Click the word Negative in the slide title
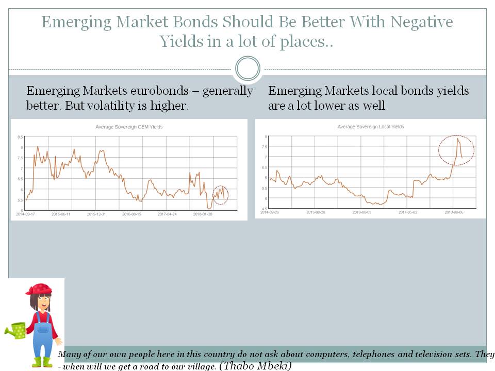(x=421, y=22)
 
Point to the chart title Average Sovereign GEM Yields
(x=129, y=127)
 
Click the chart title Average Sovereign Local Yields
(x=370, y=127)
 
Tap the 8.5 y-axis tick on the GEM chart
(x=20, y=137)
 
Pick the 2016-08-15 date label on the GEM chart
(x=131, y=214)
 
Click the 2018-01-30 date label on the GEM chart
(x=202, y=214)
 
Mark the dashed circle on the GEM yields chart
(x=220, y=194)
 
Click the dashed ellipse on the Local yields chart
(x=456, y=150)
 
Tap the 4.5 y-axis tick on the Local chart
(x=265, y=208)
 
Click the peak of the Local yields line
(x=457, y=138)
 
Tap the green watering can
(x=17, y=331)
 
